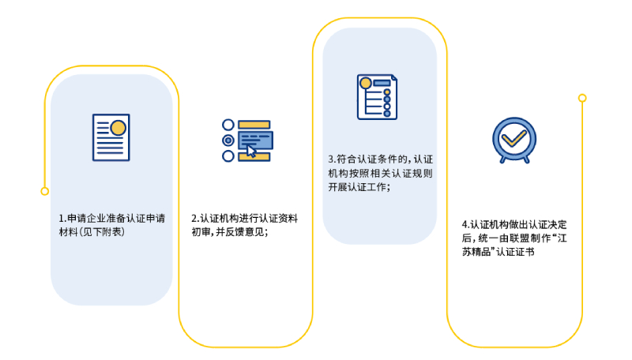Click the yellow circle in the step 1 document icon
pos(118,127)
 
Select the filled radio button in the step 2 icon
pos(228,141)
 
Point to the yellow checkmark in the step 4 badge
pos(512,139)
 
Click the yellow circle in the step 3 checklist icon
pos(366,83)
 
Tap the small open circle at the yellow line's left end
pos(44,191)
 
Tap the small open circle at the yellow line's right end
pos(582,98)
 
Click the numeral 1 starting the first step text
pos(61,218)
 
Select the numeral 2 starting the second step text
pos(194,218)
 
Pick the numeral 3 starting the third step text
pos(331,158)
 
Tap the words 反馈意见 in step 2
pos(250,232)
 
